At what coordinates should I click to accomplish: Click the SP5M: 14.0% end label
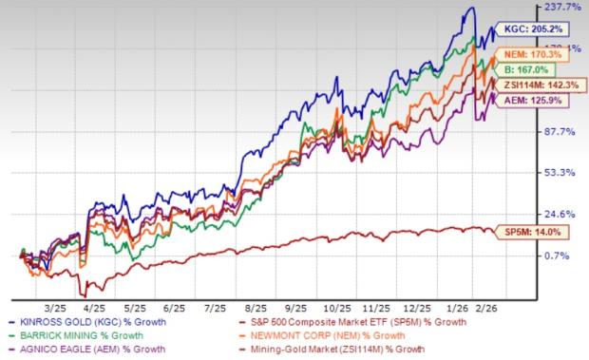tap(539, 231)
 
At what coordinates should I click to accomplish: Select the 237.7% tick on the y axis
tap(560, 9)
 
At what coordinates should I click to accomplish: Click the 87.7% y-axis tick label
tap(560, 131)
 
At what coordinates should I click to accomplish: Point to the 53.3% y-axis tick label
tap(560, 173)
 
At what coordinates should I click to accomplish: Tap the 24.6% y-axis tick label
tap(560, 214)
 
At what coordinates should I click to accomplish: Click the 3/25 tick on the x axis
tap(54, 283)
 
